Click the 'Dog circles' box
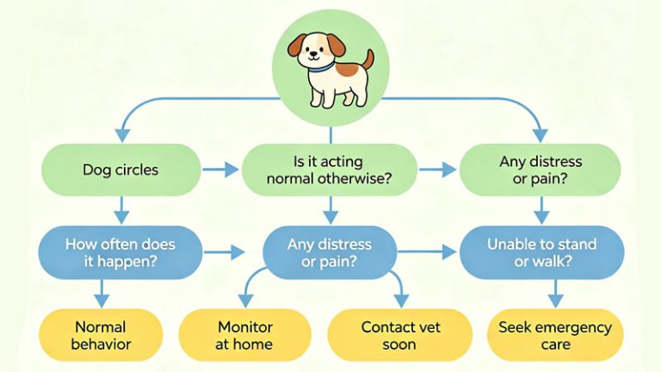[121, 170]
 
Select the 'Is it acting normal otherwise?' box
[330, 170]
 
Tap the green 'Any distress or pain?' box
[540, 170]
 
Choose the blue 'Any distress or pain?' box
[330, 252]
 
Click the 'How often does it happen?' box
[120, 252]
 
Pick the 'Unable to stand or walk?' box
[541, 252]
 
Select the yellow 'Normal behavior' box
[101, 335]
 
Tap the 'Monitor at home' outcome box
[244, 335]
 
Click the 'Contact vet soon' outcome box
[399, 335]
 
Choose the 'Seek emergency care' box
[555, 335]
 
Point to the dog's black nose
[312, 53]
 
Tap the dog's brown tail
[368, 60]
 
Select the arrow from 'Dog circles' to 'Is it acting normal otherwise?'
[220, 170]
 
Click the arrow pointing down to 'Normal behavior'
[102, 294]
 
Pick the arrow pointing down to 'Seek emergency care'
[555, 294]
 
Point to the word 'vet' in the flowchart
[429, 327]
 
